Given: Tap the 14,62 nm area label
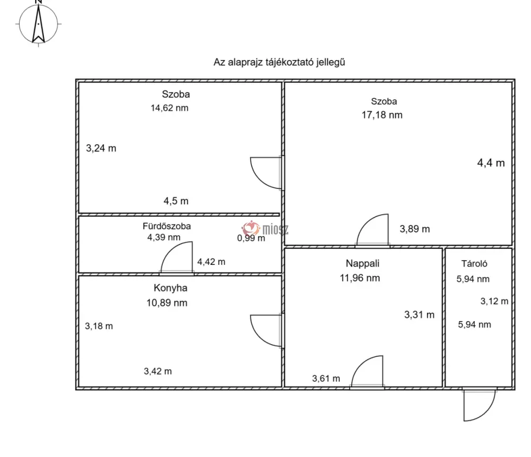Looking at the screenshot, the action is click(169, 108).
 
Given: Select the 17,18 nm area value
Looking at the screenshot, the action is click(382, 115).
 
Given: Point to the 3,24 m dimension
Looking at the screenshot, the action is click(101, 148).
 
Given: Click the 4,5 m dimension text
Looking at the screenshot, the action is click(176, 201).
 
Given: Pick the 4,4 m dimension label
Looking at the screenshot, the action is click(491, 163).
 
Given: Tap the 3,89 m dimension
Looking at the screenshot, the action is click(415, 229).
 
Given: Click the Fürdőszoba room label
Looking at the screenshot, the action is click(167, 226).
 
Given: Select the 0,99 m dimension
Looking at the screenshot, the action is click(251, 238).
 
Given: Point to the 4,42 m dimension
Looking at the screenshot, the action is click(211, 262).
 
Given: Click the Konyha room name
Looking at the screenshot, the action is click(170, 288).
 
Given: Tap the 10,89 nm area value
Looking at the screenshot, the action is click(167, 303).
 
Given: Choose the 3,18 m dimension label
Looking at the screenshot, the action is click(99, 326).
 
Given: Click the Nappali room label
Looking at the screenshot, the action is click(362, 263).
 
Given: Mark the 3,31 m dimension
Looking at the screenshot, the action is click(419, 315).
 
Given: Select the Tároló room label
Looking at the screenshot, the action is click(474, 264).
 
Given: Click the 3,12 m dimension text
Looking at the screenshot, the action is click(494, 301).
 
